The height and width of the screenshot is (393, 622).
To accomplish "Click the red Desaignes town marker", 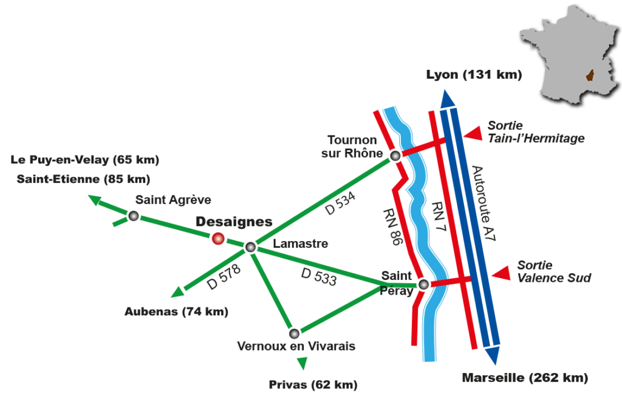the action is (218, 238).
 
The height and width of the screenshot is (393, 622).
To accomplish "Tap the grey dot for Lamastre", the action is (250, 247).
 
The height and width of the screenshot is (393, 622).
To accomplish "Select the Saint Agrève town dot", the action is (134, 216).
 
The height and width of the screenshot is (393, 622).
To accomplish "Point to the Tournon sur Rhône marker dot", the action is (395, 156).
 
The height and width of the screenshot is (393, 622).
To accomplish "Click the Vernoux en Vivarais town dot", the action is (294, 333).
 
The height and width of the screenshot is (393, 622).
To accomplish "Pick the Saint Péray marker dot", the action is (423, 284).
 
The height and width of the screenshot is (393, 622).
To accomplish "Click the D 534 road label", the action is (340, 203).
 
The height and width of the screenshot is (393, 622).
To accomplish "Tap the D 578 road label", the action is (224, 277).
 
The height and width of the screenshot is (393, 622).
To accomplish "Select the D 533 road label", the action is (319, 276).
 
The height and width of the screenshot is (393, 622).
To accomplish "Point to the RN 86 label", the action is (392, 227).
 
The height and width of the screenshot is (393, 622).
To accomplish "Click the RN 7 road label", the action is (439, 216).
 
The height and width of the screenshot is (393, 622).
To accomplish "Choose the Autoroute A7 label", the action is (484, 203).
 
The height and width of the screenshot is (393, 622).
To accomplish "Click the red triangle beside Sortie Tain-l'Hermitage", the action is (473, 134).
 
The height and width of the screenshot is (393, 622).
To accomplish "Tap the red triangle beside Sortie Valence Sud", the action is (501, 273).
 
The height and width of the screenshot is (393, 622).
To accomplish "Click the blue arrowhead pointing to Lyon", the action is (448, 99).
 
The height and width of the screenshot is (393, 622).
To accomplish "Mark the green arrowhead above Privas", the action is (302, 363).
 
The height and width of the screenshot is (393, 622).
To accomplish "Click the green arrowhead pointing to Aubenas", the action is (177, 292).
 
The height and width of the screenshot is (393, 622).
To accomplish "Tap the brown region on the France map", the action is (590, 75).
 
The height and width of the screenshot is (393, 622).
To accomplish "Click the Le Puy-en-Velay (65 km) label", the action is (85, 160).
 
